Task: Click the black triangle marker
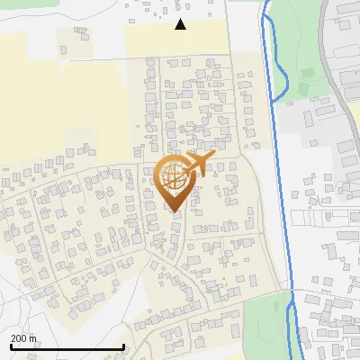pos(181,24)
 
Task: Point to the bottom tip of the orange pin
pos(175,211)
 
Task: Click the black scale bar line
pos(67,347)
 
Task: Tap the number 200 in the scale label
pos(20,338)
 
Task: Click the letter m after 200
pos(32,338)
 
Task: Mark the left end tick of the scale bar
pos(10,346)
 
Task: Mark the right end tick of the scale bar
pos(123,346)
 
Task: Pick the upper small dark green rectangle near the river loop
pos(306,72)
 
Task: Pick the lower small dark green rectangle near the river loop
pos(303,88)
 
